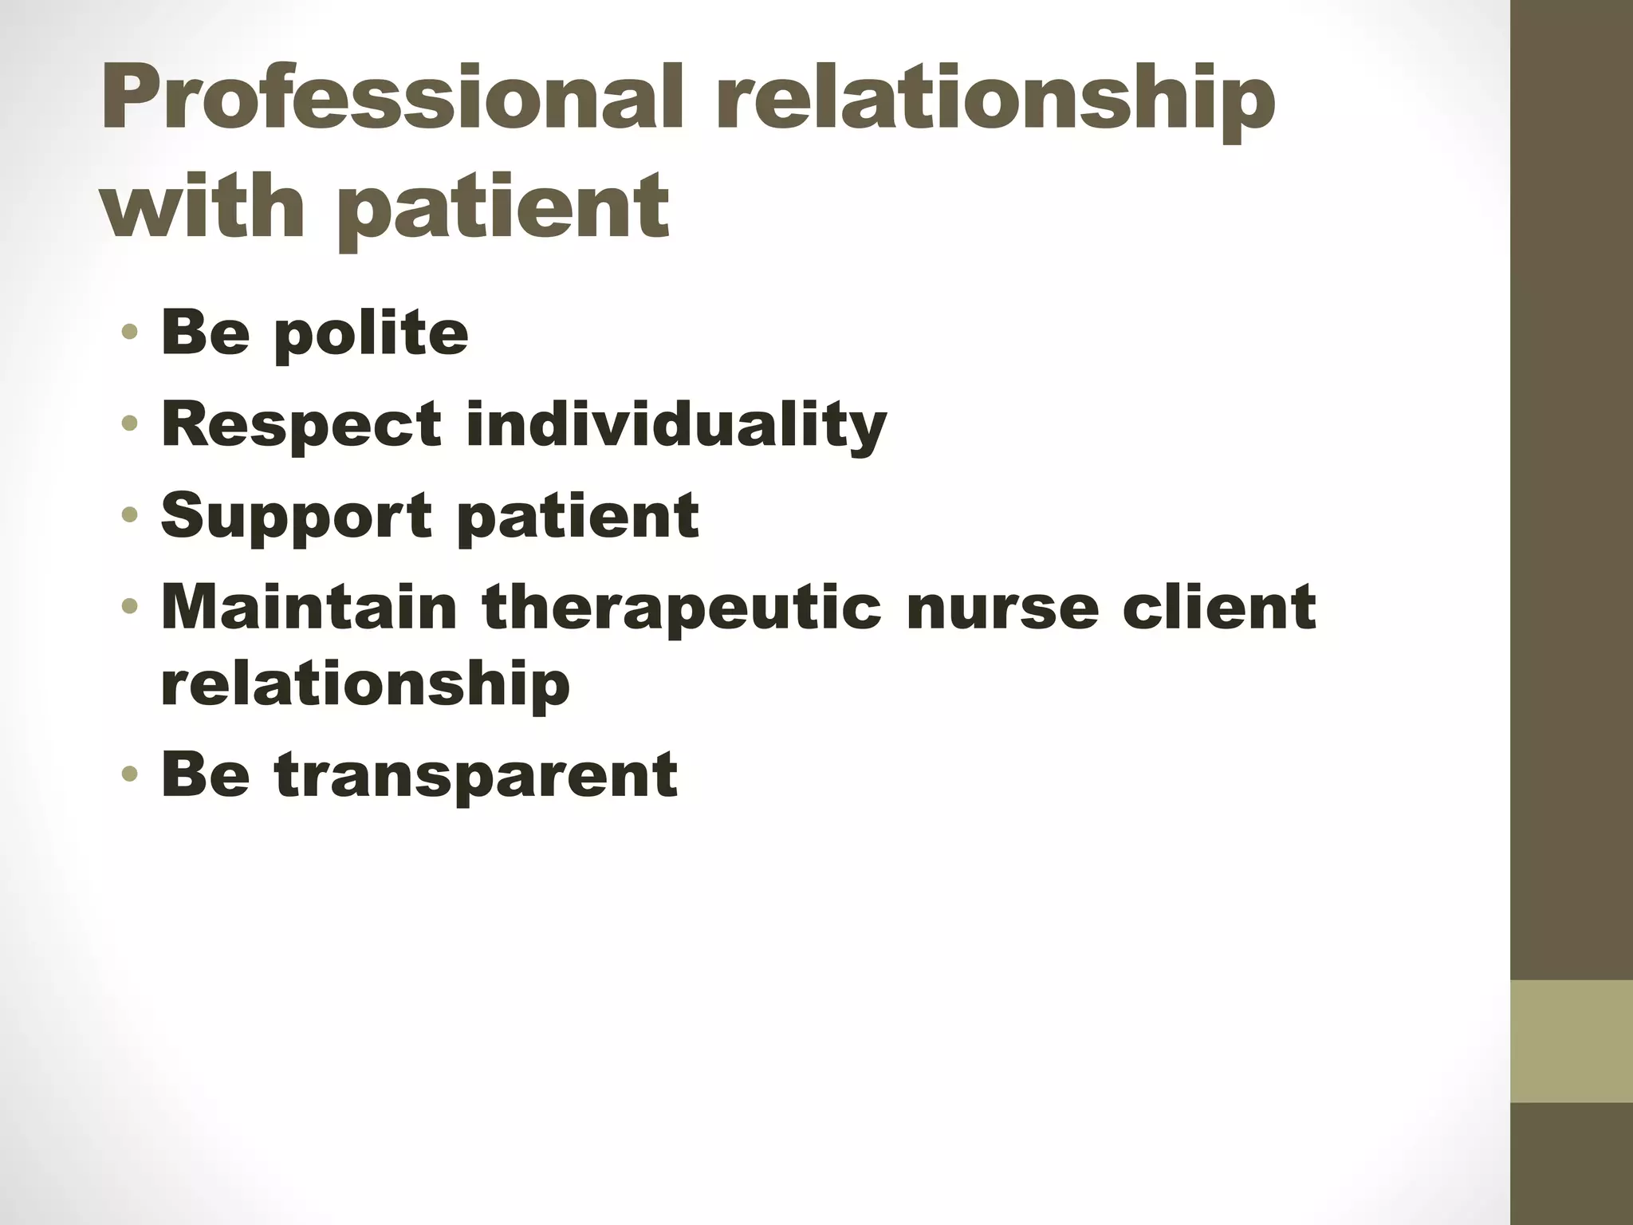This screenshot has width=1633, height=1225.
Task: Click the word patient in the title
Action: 502,209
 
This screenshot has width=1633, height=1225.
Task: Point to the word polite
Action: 371,335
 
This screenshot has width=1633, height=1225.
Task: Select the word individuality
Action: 676,425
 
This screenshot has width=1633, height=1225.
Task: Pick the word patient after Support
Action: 579,517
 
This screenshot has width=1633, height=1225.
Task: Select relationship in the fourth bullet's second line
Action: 365,685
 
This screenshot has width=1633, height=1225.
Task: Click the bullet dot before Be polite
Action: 131,332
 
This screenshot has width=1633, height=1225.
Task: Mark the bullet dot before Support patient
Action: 131,515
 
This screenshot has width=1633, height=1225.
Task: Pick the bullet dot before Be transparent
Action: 131,774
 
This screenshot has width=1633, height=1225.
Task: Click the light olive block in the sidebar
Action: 1572,1042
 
